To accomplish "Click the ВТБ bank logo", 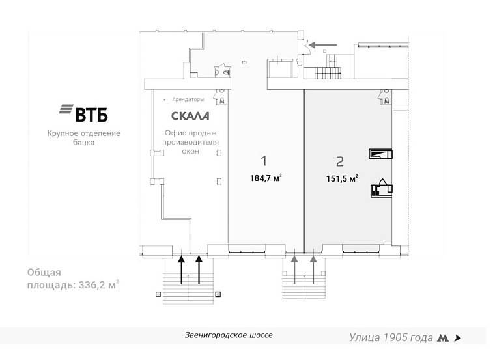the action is click(83, 113).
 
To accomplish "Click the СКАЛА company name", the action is click(190, 116).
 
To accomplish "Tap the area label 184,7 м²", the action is click(266, 178).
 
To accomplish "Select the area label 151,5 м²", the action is click(342, 178).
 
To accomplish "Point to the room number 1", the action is click(264, 161).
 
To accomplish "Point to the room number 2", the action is click(340, 161).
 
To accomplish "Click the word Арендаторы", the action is click(188, 100).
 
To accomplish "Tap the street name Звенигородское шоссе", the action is click(229, 335).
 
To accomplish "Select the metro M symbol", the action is click(443, 338).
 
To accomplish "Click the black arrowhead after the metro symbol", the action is click(457, 339).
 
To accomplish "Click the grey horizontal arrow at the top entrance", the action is click(323, 45).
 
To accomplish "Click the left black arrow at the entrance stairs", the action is click(181, 270).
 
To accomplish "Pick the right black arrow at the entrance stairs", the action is click(199, 270).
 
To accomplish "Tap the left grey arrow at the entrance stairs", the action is click(294, 270).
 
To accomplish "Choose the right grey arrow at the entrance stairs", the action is click(313, 270).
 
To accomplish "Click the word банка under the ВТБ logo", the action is click(84, 143).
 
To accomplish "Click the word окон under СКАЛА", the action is click(190, 151).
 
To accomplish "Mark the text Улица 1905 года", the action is click(391, 338).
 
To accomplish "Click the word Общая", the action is click(44, 272).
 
